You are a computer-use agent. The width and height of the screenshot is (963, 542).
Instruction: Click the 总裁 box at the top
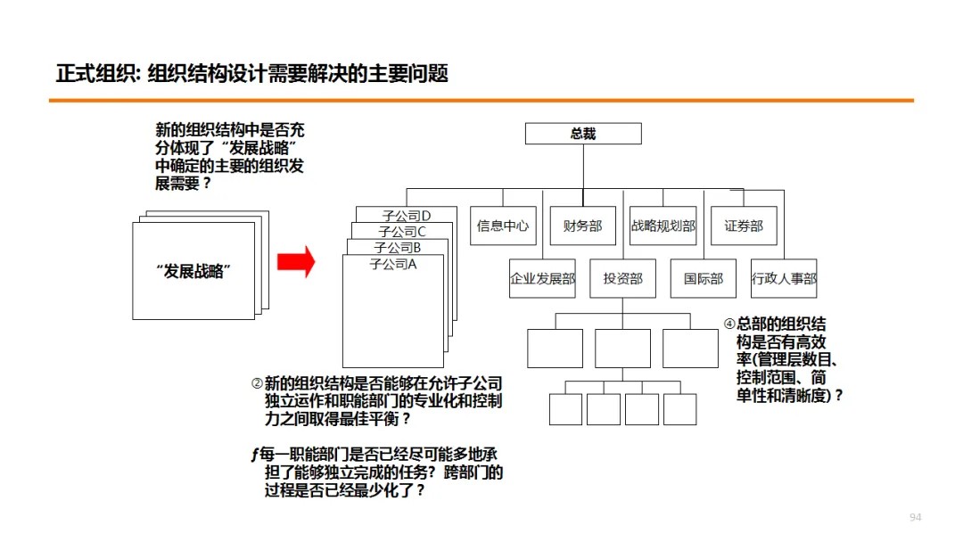pos(583,134)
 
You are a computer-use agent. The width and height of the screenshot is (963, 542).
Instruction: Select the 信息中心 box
pos(502,226)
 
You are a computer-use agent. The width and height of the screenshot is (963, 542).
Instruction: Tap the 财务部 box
pos(582,226)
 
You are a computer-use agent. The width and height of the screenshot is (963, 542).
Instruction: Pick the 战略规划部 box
pos(663,226)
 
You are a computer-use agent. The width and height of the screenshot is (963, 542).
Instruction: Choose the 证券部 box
pos(744,226)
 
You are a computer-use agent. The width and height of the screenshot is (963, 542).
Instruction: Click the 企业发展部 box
pos(542,279)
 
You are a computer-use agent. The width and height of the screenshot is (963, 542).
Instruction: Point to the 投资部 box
pos(622,279)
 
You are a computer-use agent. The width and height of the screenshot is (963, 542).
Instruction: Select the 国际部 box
pos(704,279)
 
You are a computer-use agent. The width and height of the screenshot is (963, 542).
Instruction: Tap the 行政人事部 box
pos(784,279)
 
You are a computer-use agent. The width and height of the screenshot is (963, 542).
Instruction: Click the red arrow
pos(296,262)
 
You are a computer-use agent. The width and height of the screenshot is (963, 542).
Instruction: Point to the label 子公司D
pos(407,216)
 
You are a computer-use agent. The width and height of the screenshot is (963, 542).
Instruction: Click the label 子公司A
pos(393,265)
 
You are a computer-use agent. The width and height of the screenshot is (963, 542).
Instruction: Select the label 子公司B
pos(398,248)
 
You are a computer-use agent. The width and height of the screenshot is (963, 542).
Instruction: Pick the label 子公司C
pos(402,232)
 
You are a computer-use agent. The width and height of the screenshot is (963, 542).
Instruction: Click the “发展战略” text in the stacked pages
pos(193,271)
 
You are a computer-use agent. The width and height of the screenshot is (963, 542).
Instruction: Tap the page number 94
pos(915,518)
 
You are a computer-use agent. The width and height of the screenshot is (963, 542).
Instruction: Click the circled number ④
pos(729,324)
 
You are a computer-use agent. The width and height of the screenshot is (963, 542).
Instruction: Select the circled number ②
pos(257,383)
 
